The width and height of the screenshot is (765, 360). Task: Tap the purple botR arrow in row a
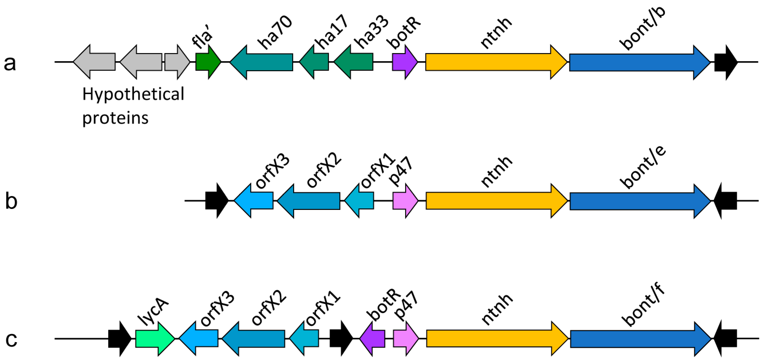404,62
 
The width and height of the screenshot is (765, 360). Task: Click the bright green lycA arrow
154,338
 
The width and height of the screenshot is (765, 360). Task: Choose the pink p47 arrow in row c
405,338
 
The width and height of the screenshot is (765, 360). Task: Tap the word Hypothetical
133,94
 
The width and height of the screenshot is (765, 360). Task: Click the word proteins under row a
115,118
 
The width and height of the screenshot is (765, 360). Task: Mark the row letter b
11,201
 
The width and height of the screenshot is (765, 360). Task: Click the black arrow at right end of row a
725,62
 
